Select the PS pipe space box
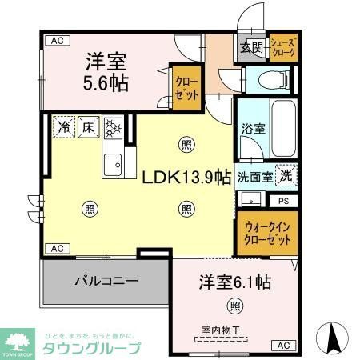[284, 201]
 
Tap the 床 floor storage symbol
[87, 126]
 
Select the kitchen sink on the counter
[113, 163]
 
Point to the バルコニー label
[107, 282]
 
